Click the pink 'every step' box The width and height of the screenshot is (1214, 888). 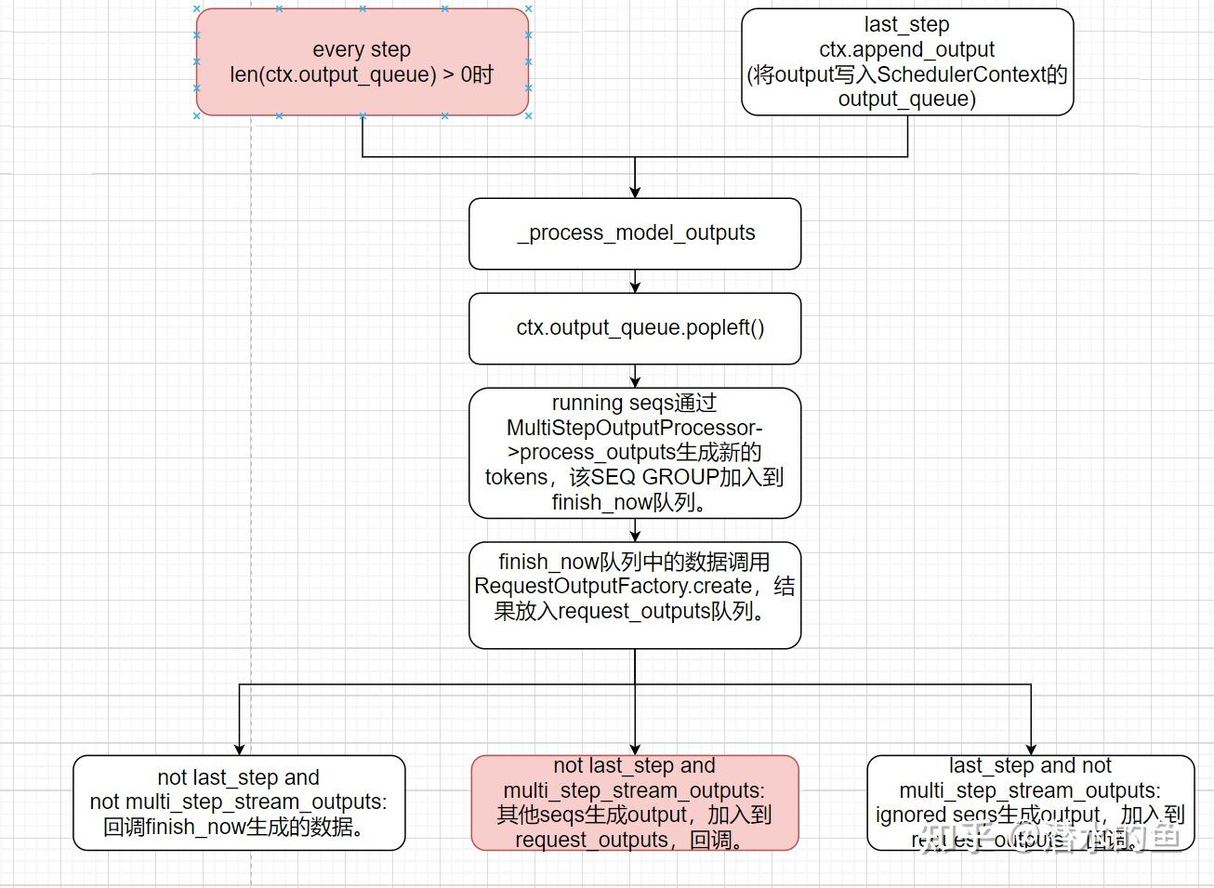[362, 61]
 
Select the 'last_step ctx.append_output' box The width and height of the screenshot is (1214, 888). [906, 61]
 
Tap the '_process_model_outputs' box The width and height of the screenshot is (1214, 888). [635, 233]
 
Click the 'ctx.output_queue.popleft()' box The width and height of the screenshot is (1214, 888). [635, 328]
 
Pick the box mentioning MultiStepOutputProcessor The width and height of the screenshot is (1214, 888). [635, 453]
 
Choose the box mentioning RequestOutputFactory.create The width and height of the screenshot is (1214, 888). [635, 595]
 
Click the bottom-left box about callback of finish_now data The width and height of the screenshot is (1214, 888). [239, 802]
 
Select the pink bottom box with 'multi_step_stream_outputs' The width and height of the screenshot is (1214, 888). [635, 802]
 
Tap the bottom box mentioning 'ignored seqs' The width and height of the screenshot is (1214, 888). [1030, 802]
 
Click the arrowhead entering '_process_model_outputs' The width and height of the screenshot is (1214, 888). [635, 192]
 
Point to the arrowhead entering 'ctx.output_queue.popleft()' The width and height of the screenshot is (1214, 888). [635, 287]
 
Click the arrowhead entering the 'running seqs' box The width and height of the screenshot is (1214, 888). [635, 382]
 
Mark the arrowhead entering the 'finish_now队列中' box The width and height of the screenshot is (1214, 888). [635, 536]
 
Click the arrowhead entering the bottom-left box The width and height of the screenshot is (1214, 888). [240, 749]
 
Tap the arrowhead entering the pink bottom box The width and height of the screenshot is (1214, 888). [635, 749]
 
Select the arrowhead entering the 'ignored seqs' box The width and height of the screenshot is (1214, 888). [1031, 749]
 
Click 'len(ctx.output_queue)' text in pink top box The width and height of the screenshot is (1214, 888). [333, 74]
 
